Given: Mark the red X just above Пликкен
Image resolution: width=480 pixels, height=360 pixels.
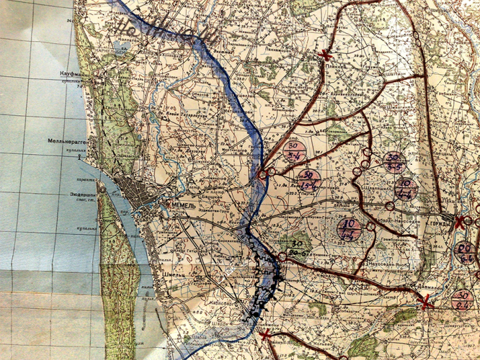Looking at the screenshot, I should [326, 55].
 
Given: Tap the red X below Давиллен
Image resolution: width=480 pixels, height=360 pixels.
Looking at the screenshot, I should [426, 304].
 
